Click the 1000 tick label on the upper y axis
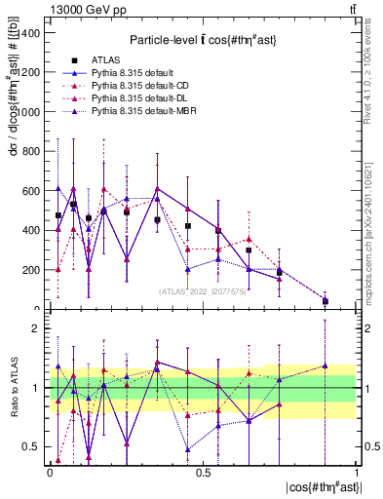(28, 111)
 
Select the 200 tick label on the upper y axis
(31, 270)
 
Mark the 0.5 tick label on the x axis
(203, 473)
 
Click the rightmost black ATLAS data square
(326, 301)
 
